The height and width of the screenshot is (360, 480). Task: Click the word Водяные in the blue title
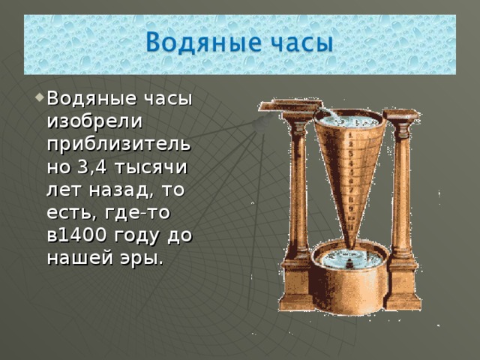click(203, 42)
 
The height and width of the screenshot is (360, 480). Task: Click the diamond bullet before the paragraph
click(40, 98)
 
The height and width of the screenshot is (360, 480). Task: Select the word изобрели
click(94, 121)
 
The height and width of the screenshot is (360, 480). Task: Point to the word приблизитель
click(119, 145)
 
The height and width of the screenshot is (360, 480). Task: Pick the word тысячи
click(150, 169)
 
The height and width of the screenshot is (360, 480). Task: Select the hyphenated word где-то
click(137, 213)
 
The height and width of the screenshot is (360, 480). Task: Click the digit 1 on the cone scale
click(350, 135)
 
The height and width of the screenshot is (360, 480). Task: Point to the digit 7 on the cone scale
click(351, 190)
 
